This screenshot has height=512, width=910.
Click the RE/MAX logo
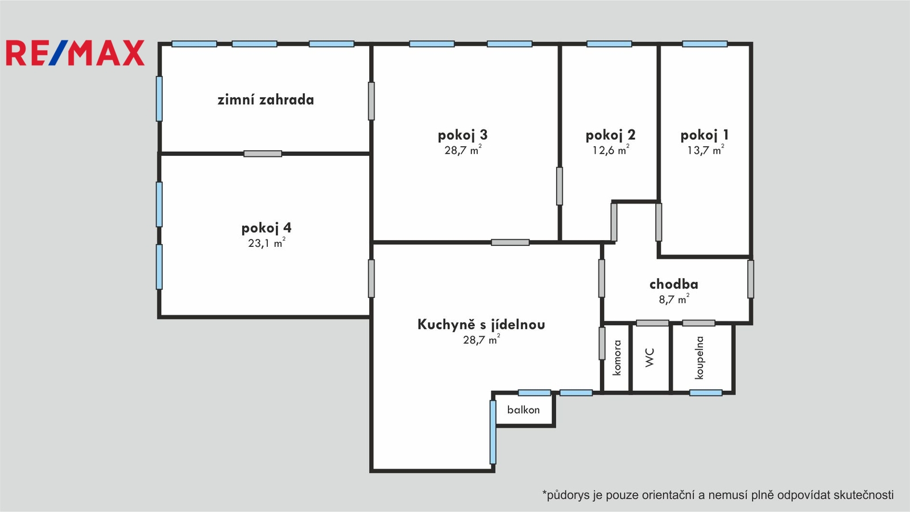point(75,53)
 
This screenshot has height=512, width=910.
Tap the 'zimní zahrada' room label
point(266,100)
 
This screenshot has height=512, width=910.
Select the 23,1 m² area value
point(267,242)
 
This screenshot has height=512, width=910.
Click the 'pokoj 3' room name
point(462,135)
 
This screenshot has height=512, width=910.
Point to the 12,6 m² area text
point(611,150)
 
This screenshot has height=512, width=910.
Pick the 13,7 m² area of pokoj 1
point(705,150)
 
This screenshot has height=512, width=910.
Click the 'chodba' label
point(673,284)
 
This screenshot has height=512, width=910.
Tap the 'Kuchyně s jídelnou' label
point(481,324)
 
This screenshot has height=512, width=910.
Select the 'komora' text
point(617,358)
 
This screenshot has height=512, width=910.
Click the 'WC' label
point(650,358)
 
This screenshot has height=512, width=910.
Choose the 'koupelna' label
point(699,358)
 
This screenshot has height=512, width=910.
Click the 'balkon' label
point(523,410)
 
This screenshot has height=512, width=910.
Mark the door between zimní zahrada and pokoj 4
point(263,154)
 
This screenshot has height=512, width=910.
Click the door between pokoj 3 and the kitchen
point(510,242)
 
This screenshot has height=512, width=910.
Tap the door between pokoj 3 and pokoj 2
point(560,186)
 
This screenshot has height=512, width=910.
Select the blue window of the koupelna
point(706,393)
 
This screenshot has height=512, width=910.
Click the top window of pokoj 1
point(705,44)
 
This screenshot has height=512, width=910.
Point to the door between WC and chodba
point(652,323)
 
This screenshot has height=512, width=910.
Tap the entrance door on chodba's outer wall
point(751,279)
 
